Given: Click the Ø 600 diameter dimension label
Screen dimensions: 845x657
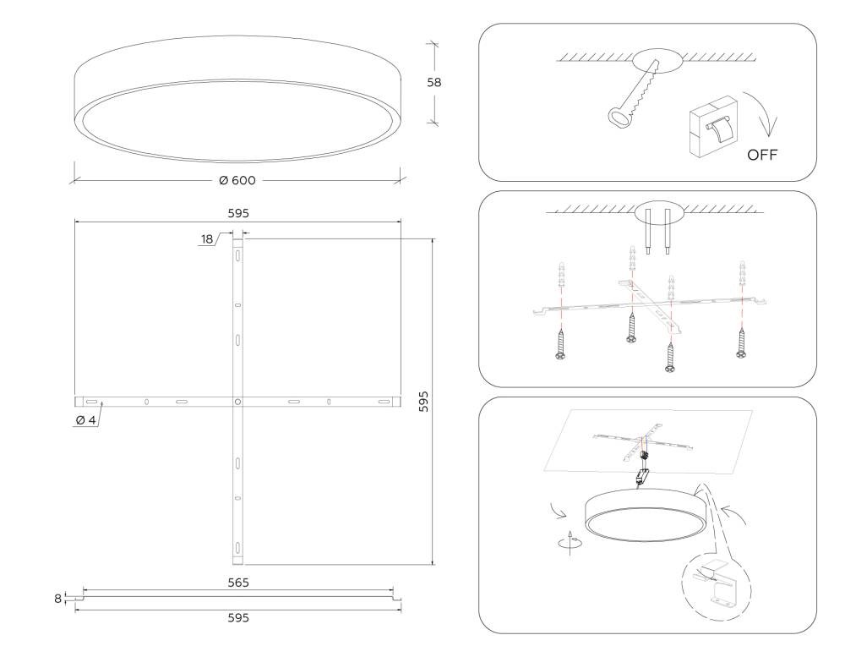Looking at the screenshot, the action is coord(237,180).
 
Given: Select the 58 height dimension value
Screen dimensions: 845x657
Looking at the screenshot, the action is coord(433,82).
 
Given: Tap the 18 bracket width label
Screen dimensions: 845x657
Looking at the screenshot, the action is coord(208,239).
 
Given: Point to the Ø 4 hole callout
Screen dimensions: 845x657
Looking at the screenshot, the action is coord(85,419).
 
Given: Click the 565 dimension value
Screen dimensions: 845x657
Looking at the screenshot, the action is coord(238,583).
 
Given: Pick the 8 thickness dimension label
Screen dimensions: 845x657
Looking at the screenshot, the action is coord(57,598).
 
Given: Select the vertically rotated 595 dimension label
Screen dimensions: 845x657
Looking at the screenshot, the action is coord(423,402).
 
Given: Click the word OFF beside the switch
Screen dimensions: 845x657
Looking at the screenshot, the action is coord(762,155).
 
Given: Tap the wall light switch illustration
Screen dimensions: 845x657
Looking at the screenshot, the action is coord(712,127).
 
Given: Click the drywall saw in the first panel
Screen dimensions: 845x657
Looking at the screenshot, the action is coord(635,92).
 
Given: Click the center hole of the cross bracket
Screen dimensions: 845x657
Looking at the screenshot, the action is coord(237,402).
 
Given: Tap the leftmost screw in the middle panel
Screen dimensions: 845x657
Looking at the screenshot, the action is coord(560,343).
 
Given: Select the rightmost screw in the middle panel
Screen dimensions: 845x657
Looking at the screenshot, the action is coord(742,342).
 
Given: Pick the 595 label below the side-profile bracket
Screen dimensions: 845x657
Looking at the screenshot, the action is coord(238,617).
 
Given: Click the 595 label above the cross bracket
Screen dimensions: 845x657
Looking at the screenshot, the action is coord(238,213).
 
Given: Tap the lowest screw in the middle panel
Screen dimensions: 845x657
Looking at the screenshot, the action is coord(670,357).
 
